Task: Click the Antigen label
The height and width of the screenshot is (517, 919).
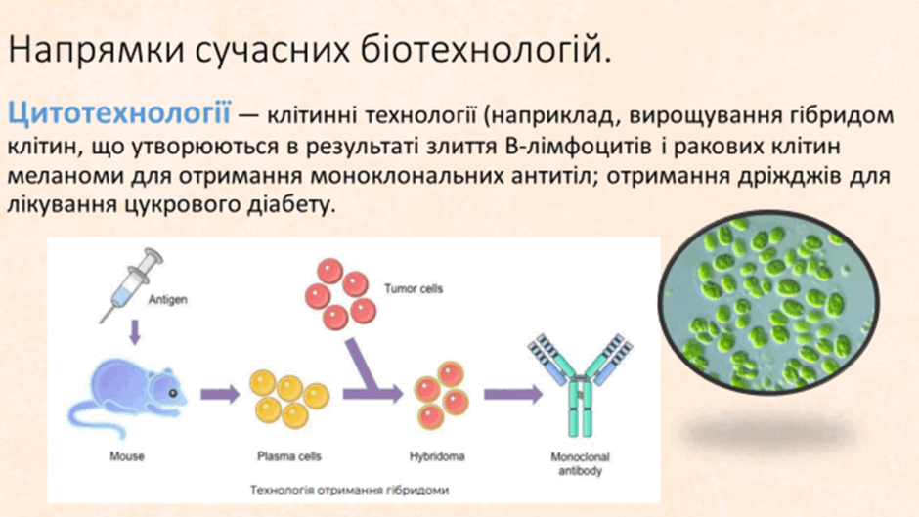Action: [167, 300]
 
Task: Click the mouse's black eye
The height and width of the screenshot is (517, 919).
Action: [173, 389]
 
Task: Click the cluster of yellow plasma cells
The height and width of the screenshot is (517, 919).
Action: [288, 395]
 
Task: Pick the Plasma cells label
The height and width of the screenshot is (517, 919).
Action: [288, 455]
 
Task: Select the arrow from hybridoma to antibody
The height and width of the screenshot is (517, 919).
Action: [505, 394]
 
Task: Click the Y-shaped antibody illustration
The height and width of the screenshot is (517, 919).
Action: [576, 385]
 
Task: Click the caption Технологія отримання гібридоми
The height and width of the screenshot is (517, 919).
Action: [350, 488]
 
